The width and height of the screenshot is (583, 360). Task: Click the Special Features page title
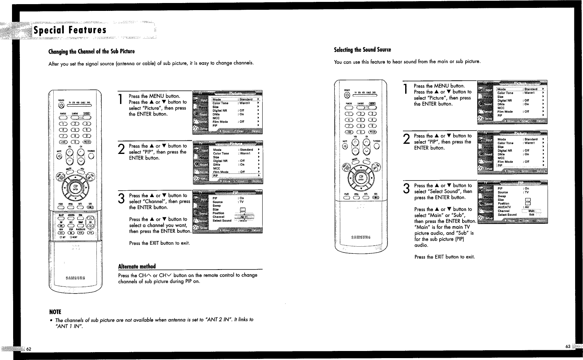click(70, 30)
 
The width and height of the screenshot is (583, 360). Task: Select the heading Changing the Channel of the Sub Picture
click(92, 51)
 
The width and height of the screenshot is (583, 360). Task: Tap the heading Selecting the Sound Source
click(362, 50)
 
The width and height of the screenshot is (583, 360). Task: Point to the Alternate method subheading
click(137, 266)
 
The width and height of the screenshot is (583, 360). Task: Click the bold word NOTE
click(55, 312)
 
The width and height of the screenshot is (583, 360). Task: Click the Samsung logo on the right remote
click(361, 237)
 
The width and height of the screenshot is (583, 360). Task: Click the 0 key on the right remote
click(361, 132)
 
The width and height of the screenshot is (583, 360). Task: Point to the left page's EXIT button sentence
click(159, 243)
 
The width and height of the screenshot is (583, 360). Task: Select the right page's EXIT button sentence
click(444, 257)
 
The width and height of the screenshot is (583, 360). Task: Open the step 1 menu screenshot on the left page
click(227, 112)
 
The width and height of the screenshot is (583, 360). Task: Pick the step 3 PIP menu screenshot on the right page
click(512, 202)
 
